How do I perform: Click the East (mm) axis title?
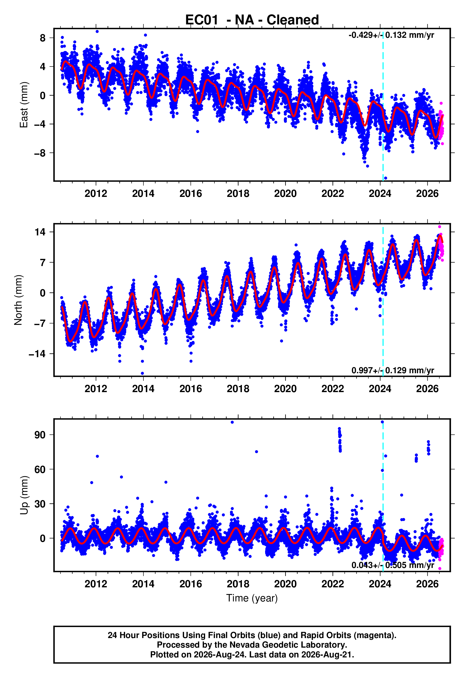tap(24, 105)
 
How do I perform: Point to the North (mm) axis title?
tap(18, 300)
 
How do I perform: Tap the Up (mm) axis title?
tap(24, 495)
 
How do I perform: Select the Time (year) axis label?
tap(252, 598)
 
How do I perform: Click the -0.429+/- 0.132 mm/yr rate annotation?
tap(391, 35)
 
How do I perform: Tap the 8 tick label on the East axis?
tap(43, 38)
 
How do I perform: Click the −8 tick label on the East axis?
tap(40, 153)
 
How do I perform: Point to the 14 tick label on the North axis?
tap(40, 232)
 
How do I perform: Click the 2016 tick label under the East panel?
tap(191, 194)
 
